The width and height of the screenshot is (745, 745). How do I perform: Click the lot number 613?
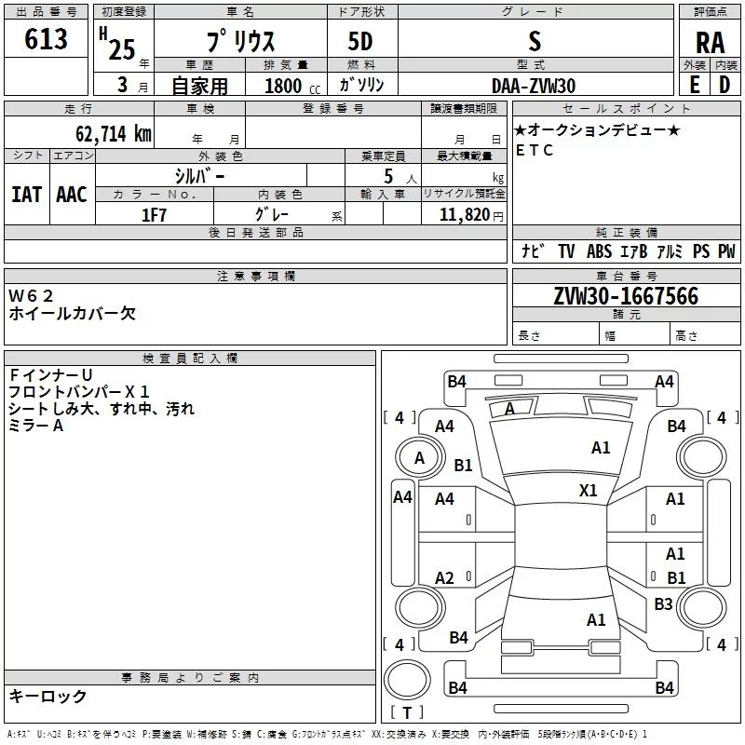coord(46,38)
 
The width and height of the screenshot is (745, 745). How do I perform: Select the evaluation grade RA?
coord(711,43)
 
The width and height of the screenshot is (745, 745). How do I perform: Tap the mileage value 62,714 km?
coord(114,133)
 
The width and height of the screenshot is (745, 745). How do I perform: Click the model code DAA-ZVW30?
coord(534,86)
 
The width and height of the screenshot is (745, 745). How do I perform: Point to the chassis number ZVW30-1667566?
coord(626,296)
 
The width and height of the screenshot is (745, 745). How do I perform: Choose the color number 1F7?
coord(154,215)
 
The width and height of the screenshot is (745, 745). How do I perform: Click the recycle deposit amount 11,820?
coord(464,215)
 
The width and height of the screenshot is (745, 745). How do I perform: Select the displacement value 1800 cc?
coord(292,87)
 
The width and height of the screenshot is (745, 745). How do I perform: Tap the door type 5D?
coord(360,42)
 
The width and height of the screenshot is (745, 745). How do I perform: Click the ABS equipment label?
coord(599,251)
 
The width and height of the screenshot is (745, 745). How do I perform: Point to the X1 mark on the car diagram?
coord(589,490)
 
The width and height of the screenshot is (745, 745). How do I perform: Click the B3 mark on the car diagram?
coord(663,603)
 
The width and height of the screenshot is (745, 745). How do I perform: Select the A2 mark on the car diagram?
coord(444,577)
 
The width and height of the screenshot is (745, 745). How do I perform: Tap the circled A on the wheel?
coord(419,457)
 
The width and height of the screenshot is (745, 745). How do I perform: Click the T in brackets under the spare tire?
coord(407,712)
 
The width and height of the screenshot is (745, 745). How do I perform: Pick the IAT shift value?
coord(27,195)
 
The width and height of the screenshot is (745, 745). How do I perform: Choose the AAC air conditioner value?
coord(72,195)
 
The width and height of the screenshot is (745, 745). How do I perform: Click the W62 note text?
coord(31,296)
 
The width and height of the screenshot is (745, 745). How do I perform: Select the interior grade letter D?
coord(725,85)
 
